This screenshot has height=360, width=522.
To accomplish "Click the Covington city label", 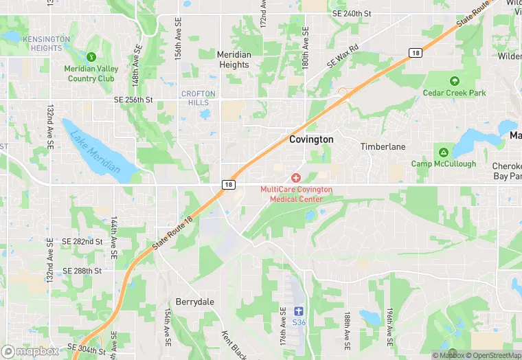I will [311, 139].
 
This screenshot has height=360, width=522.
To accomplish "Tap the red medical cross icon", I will [296, 178].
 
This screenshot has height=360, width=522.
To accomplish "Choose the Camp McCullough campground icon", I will [444, 152].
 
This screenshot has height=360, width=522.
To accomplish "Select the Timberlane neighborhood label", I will [383, 146].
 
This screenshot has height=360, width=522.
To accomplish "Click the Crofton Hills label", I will [198, 98].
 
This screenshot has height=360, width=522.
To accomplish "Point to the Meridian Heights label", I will [234, 60].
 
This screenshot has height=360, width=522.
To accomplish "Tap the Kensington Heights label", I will [47, 43].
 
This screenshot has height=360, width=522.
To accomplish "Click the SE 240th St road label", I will [351, 13].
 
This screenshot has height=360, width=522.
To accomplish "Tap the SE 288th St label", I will [82, 271].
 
